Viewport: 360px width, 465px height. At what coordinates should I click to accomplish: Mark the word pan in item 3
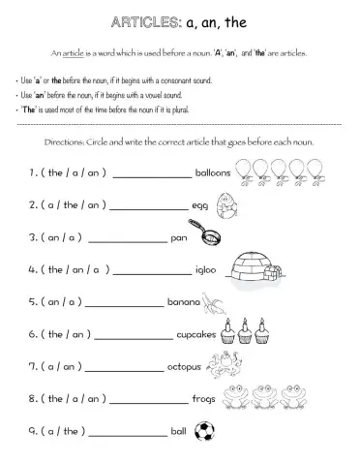pos(177,237)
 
